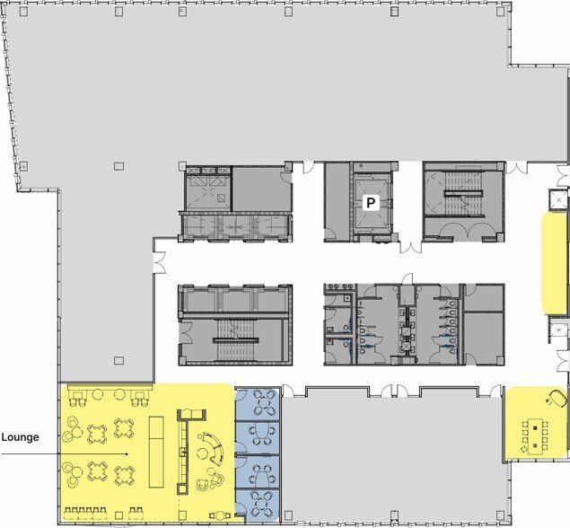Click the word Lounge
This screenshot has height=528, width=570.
click(x=21, y=439)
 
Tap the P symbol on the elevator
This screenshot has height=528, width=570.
click(x=368, y=204)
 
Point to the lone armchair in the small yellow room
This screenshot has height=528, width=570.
click(x=557, y=395)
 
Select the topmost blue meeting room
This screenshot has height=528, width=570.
click(x=258, y=403)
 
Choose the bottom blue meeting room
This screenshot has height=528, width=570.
click(x=258, y=503)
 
